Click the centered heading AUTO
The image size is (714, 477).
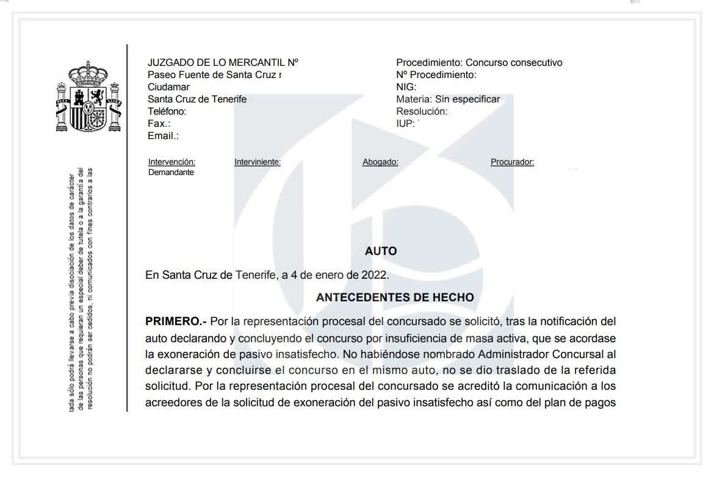(x=381, y=251)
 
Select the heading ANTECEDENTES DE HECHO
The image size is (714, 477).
(x=395, y=298)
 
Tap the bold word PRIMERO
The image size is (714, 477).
(x=175, y=321)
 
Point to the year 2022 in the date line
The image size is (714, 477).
(x=374, y=274)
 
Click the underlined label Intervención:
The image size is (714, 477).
(x=171, y=162)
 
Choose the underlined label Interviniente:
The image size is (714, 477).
(x=257, y=162)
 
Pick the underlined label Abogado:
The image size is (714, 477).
(x=380, y=162)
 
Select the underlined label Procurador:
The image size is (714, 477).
(x=512, y=162)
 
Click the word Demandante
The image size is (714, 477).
(x=171, y=173)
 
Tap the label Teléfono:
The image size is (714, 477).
(x=167, y=112)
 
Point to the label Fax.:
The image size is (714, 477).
(x=159, y=124)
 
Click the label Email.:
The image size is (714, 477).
(x=163, y=136)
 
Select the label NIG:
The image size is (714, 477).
(x=406, y=87)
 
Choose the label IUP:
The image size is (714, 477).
(x=405, y=124)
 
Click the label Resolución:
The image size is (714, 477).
(x=422, y=112)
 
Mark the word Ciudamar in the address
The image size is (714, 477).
(x=168, y=87)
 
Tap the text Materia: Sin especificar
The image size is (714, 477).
(x=448, y=99)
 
